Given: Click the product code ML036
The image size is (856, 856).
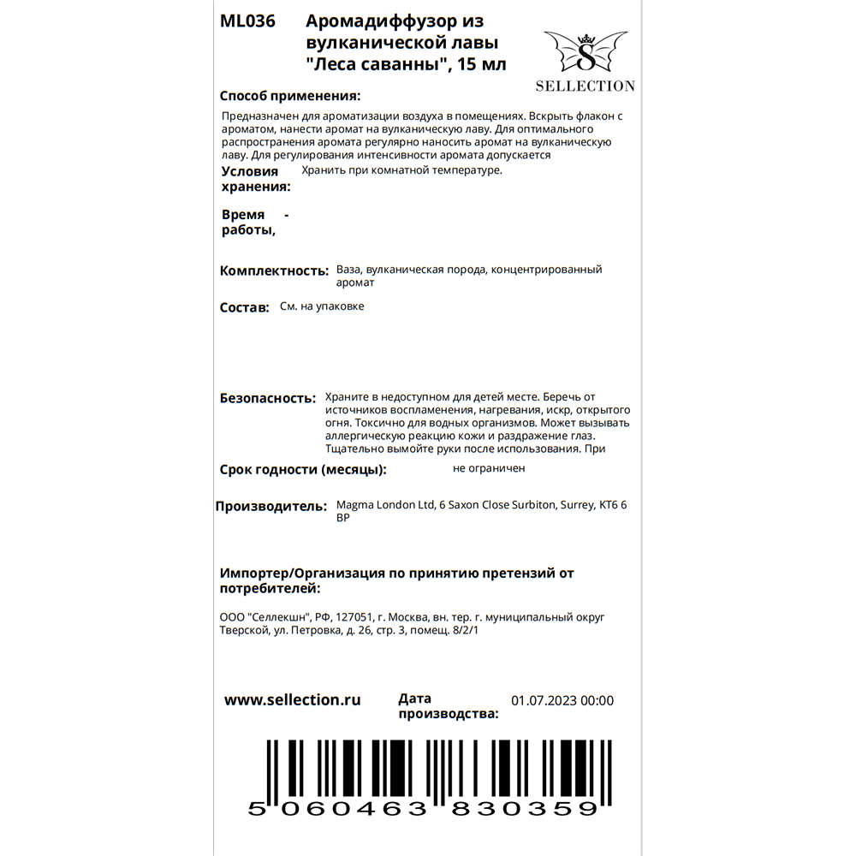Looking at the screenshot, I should (x=247, y=22).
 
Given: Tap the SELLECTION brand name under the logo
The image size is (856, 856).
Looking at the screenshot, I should (x=586, y=86).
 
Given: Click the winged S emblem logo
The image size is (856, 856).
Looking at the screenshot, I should (x=586, y=53).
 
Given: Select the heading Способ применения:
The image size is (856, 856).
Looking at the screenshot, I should (x=290, y=96).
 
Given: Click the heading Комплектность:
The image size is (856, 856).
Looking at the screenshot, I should (x=274, y=270).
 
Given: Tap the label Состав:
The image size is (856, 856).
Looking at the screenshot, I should (x=245, y=307).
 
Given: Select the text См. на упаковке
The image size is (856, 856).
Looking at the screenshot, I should (x=322, y=306).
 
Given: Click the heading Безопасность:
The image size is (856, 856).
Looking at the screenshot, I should (x=268, y=398).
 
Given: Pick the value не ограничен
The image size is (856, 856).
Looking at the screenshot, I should (x=489, y=468).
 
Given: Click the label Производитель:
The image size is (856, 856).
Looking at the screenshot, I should (x=270, y=506).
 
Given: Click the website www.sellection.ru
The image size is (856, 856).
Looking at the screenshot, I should (x=292, y=699).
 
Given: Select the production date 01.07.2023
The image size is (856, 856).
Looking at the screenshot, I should (x=544, y=700).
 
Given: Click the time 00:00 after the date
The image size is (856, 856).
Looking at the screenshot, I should (x=597, y=700).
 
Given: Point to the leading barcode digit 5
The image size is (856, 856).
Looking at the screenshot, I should (x=254, y=809).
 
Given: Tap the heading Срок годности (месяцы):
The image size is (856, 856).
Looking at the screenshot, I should (x=303, y=470).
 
